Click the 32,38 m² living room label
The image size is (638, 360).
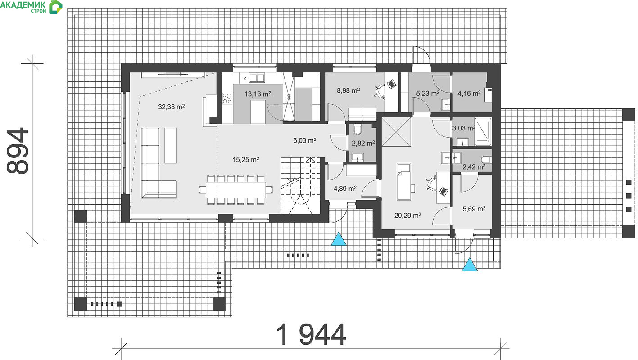coord(171,107)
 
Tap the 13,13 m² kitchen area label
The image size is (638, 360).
coord(258,94)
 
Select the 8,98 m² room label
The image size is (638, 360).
coord(348,90)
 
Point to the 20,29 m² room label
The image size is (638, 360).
coord(407,216)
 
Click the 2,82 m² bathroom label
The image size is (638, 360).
coord(363,143)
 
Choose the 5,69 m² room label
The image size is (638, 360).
coord(474,209)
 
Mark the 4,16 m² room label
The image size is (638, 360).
coord(469,93)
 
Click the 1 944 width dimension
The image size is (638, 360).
coord(311,335)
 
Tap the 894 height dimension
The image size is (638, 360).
coord(18,151)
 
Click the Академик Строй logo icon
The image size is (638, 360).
coord(55,7)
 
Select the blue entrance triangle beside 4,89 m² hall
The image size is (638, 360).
coord(339,239)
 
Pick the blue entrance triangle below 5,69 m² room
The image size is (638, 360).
coord(470,265)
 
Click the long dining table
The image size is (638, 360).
coord(236,190)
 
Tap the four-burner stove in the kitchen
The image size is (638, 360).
coord(227,99)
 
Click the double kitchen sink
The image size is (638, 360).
coord(257,78)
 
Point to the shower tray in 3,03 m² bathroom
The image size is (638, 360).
coord(483,132)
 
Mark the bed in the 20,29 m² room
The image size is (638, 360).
coord(404,182)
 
